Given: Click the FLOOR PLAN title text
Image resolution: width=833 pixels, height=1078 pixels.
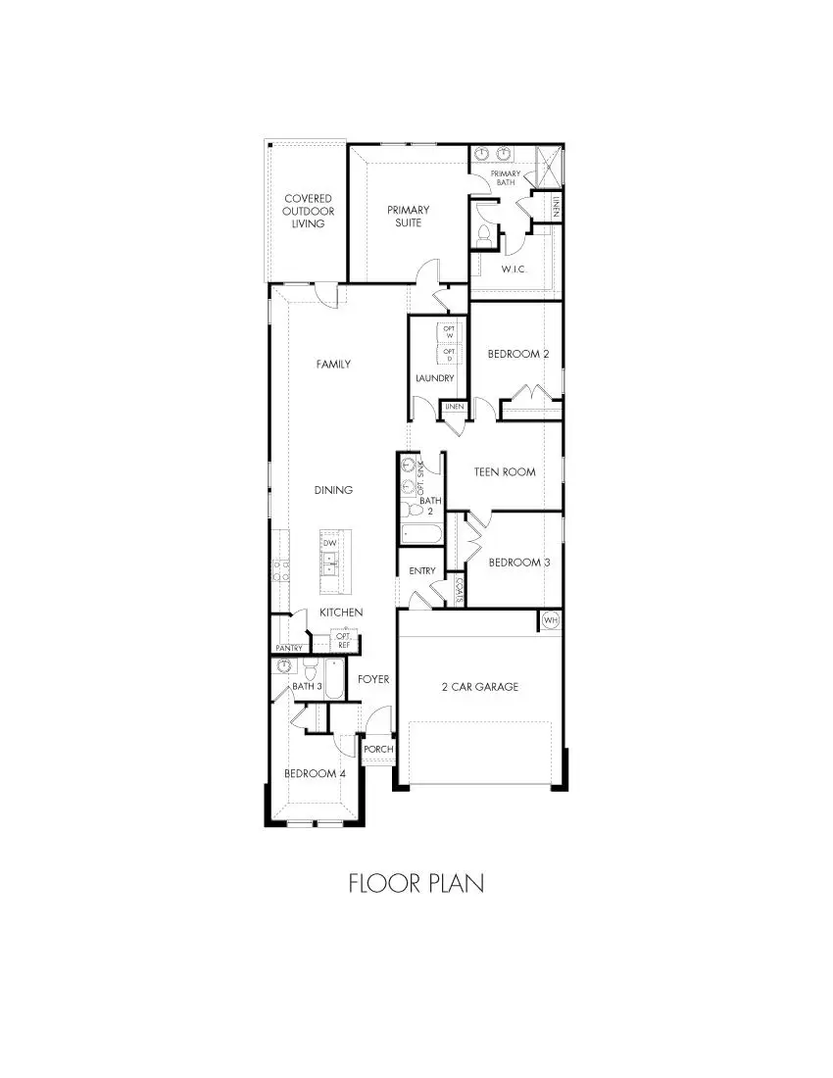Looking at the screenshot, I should (416, 883).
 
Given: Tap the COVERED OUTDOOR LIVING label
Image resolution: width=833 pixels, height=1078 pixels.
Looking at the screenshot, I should (308, 211).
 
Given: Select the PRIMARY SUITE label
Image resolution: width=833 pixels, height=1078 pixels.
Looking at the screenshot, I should (408, 216).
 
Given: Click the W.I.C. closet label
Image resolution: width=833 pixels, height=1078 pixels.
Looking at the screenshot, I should (515, 269).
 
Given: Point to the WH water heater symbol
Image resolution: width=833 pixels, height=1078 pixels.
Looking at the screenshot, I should (550, 620).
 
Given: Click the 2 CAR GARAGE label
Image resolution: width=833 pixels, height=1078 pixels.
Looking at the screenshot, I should (479, 687).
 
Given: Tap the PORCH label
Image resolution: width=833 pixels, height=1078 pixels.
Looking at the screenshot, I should (378, 750).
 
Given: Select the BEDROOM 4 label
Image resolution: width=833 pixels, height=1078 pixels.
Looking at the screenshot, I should (315, 773).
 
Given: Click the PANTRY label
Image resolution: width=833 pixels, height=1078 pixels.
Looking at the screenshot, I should (288, 648).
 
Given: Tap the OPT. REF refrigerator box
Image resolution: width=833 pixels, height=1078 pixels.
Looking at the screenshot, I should (344, 640).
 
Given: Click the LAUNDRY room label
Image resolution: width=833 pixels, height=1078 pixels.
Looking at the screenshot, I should (434, 378).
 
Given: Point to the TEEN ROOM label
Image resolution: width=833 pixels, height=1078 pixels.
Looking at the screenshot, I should (505, 471).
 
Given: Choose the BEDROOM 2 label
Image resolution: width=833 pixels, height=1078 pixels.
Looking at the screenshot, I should (518, 354).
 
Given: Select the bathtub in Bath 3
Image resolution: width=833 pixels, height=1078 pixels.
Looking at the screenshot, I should (334, 679).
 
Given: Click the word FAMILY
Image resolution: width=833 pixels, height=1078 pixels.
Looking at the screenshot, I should (333, 364).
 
